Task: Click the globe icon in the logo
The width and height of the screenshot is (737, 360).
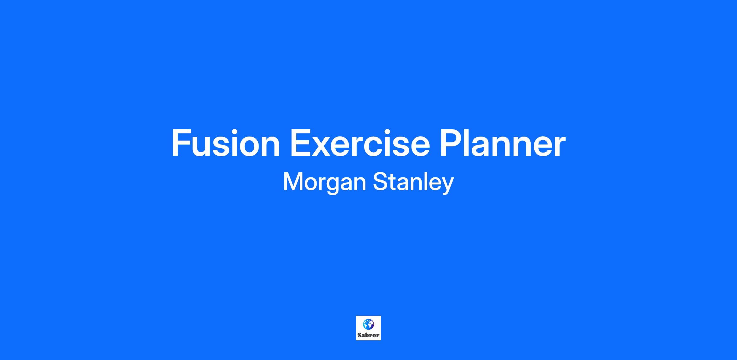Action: [x=368, y=324]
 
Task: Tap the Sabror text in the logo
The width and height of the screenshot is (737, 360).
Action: [x=368, y=335]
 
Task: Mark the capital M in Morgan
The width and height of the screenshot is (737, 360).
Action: [x=293, y=182]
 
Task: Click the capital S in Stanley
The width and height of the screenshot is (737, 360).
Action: [x=380, y=182]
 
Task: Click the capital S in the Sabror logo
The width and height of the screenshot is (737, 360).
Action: [x=359, y=335]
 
